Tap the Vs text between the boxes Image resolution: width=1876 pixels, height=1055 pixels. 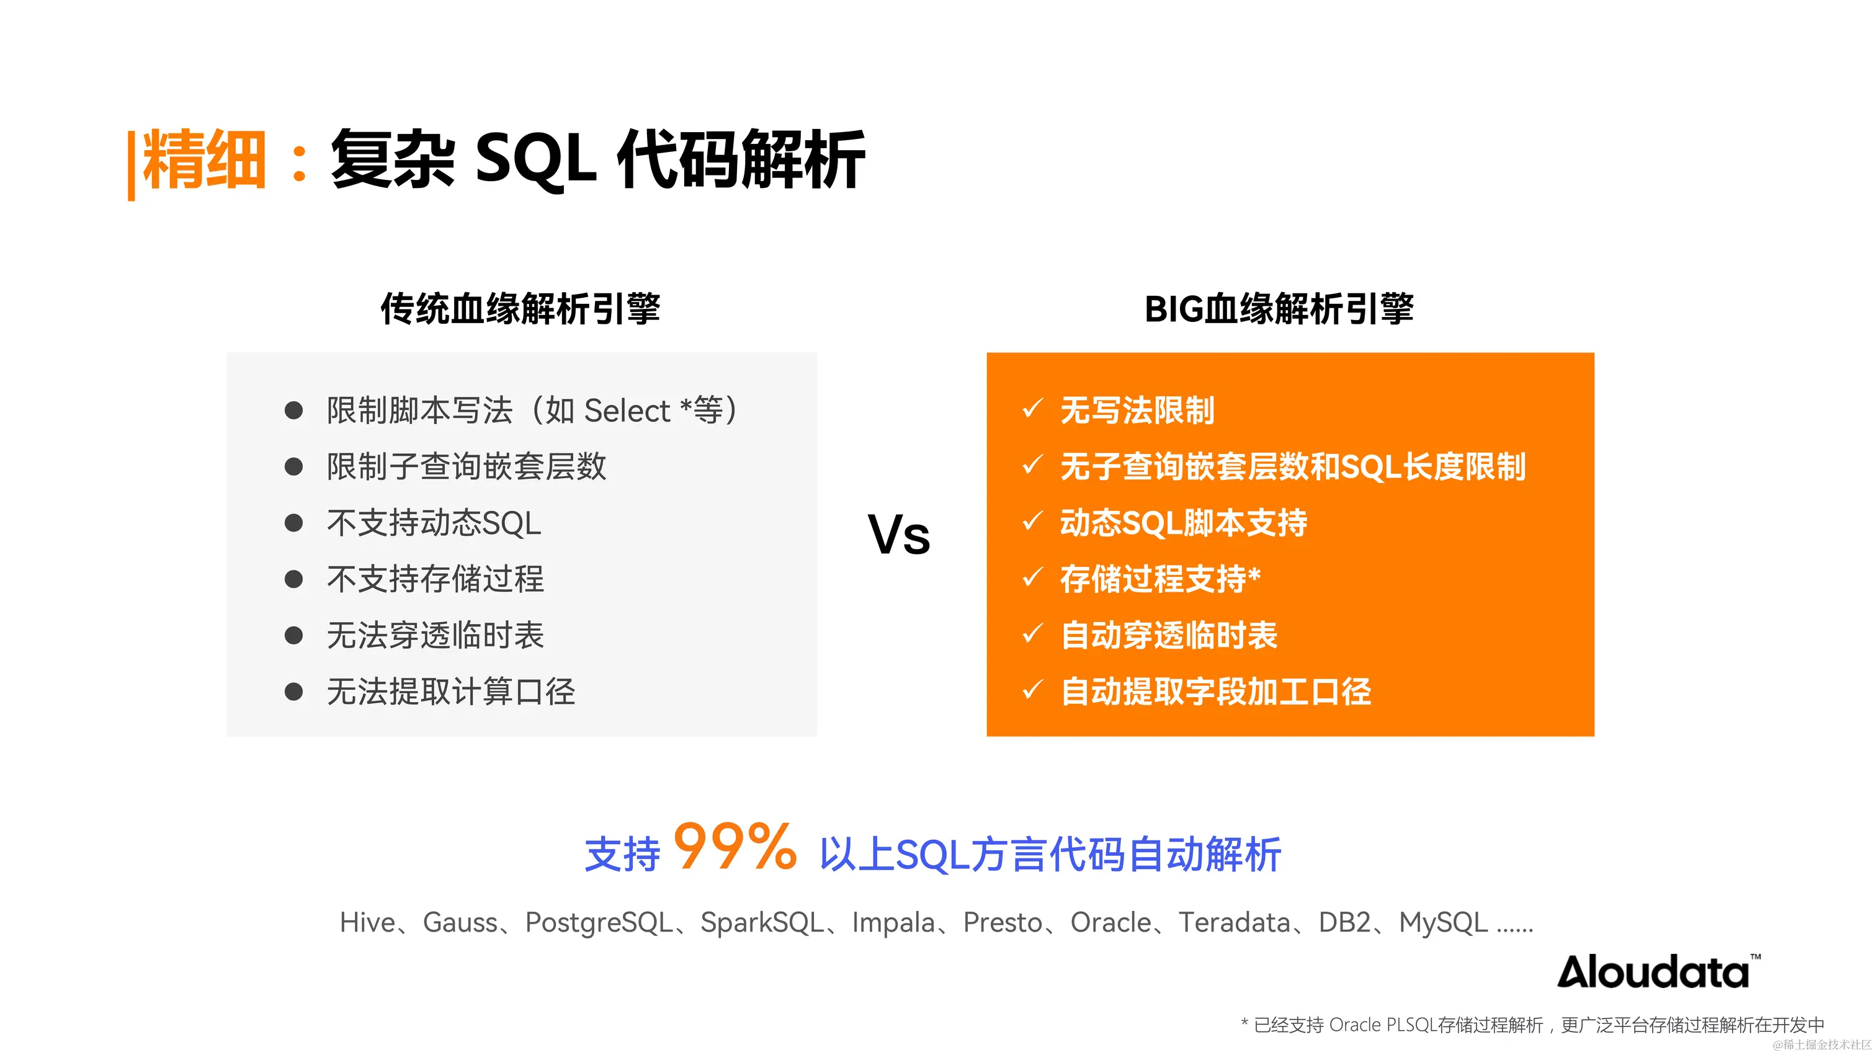click(899, 535)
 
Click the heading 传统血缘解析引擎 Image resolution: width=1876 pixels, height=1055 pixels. click(520, 309)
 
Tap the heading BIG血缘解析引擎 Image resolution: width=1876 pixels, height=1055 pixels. click(1279, 309)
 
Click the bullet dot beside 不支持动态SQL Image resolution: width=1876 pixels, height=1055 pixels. click(293, 523)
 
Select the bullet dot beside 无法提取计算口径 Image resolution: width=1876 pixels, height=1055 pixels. click(293, 692)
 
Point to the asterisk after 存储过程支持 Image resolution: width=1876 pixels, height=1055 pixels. click(1254, 574)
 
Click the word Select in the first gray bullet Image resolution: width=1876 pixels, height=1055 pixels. click(627, 411)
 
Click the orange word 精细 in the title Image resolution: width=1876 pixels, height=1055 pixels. click(204, 159)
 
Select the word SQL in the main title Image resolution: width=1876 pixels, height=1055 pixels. click(535, 159)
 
